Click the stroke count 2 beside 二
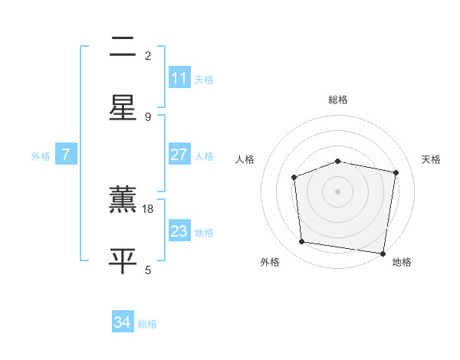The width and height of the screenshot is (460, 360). click(x=148, y=55)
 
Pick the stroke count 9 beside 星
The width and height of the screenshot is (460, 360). click(x=148, y=116)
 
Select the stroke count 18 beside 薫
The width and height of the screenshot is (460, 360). click(x=149, y=208)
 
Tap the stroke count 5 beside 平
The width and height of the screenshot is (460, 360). click(x=148, y=270)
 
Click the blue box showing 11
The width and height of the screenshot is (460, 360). click(x=179, y=78)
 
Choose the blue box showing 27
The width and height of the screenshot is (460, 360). click(x=179, y=155)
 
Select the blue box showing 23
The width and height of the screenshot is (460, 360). click(x=179, y=231)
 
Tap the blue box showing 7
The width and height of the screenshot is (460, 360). click(x=66, y=155)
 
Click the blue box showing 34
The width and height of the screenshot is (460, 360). click(x=123, y=322)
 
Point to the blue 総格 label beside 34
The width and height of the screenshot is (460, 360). click(x=147, y=324)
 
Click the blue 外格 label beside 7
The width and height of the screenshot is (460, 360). click(x=41, y=156)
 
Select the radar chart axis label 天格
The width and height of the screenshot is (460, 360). click(x=431, y=159)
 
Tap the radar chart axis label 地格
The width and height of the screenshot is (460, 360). click(x=402, y=262)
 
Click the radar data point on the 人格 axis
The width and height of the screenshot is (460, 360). click(x=294, y=177)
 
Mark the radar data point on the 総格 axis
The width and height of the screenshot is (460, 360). click(x=338, y=161)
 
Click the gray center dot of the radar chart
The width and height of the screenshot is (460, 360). click(x=338, y=191)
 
